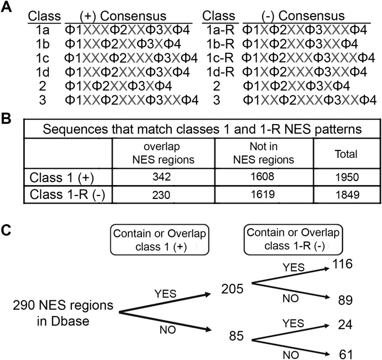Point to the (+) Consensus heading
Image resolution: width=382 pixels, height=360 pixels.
[x=125, y=16]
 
